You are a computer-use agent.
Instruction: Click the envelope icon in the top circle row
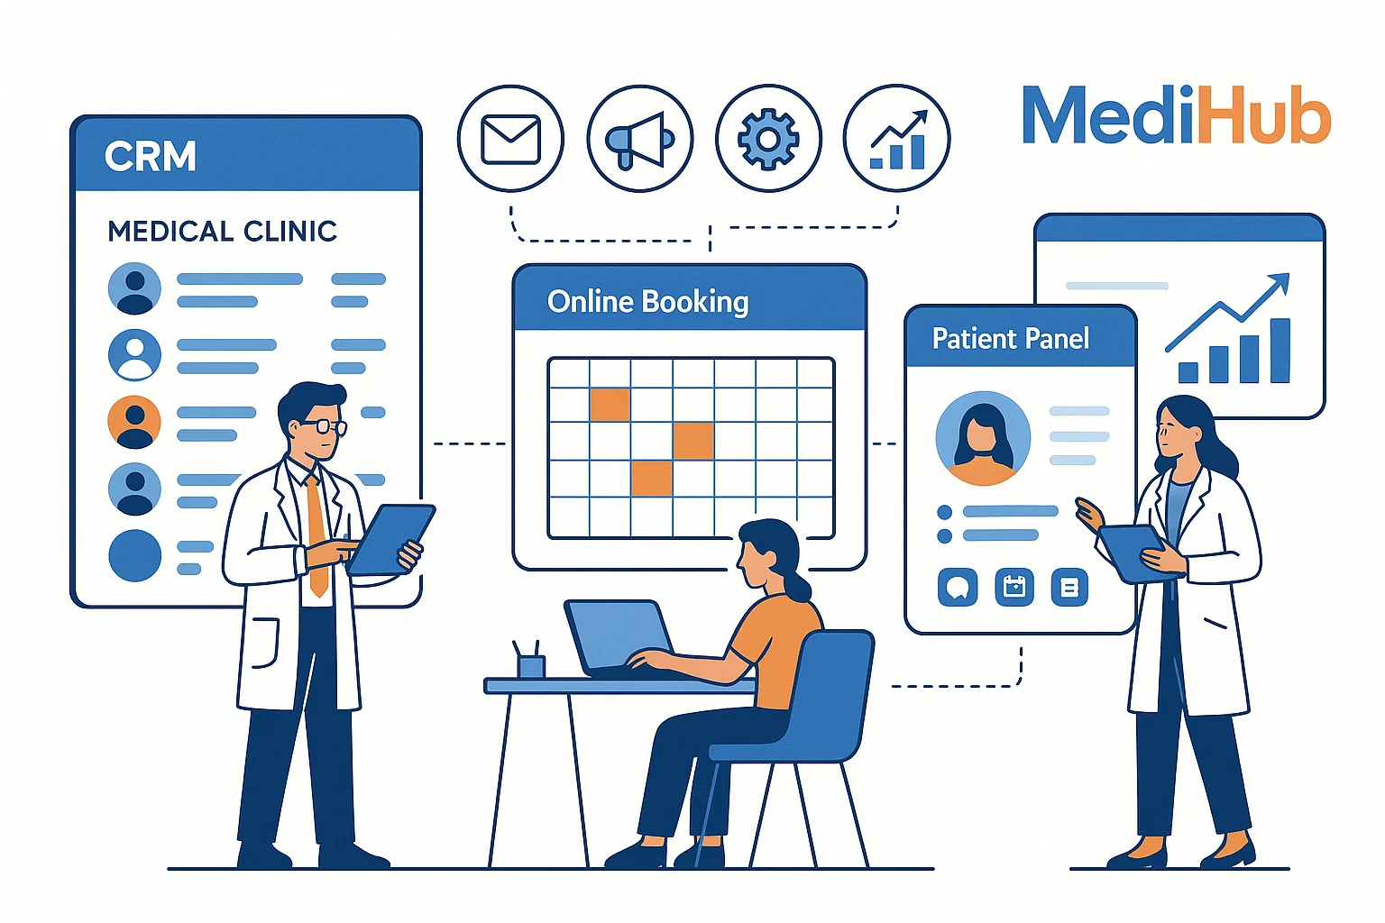tap(510, 139)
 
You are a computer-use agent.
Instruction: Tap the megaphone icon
tap(639, 140)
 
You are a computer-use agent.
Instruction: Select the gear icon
tap(768, 139)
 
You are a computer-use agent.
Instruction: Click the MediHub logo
tap(1176, 115)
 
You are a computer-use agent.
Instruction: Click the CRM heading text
tap(150, 157)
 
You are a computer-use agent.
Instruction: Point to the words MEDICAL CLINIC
tap(222, 232)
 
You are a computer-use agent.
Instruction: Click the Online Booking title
tap(647, 301)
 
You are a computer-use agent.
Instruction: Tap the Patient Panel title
tap(1010, 339)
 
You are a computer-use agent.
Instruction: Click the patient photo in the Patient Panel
tap(983, 438)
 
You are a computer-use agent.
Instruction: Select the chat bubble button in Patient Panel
tap(958, 588)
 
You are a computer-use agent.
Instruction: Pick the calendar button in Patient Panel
tap(1014, 588)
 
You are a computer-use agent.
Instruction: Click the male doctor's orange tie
tap(316, 532)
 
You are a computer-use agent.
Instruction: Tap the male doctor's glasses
tap(323, 426)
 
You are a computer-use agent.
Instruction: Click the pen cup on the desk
tap(531, 664)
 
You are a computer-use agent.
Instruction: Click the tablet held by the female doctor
tap(1132, 550)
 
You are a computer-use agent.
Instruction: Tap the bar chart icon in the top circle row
tap(897, 141)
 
